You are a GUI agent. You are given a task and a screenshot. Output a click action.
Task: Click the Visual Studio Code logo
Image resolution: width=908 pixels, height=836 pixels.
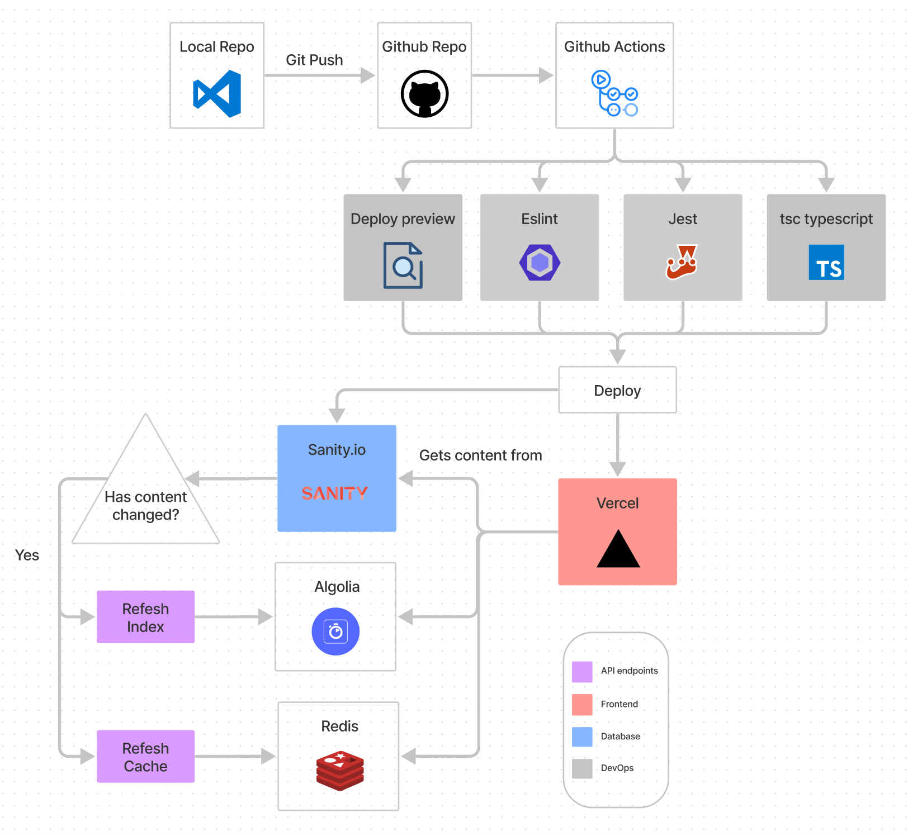217,94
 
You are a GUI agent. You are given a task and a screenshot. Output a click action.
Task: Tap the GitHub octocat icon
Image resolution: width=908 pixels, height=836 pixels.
424,94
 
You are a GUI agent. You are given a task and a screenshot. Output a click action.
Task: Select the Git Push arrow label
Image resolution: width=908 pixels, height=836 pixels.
314,60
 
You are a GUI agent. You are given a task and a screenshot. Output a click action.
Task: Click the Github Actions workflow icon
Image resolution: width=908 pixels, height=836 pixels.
614,93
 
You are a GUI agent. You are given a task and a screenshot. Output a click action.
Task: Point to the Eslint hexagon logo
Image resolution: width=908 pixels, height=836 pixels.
540,262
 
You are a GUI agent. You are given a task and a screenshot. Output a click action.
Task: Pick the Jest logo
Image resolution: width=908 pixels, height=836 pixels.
682,262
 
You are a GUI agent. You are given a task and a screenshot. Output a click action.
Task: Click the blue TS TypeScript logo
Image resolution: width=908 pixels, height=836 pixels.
826,262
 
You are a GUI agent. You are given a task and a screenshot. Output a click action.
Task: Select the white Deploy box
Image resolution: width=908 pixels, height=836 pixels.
617,390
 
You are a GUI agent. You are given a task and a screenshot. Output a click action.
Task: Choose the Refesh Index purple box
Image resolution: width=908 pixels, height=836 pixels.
145,617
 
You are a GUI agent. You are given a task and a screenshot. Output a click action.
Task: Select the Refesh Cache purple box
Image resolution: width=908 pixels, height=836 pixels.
145,757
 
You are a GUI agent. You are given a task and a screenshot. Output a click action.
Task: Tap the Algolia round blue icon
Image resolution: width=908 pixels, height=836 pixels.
335,631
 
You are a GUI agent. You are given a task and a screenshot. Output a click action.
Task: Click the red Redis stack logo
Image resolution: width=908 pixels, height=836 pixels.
340,771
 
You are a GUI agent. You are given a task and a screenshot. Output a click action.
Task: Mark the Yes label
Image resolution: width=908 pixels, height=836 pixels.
27,555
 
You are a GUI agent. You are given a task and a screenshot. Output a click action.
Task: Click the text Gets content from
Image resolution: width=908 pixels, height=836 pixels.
480,455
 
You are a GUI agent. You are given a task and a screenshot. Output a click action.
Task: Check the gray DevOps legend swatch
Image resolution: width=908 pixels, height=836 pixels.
582,768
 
